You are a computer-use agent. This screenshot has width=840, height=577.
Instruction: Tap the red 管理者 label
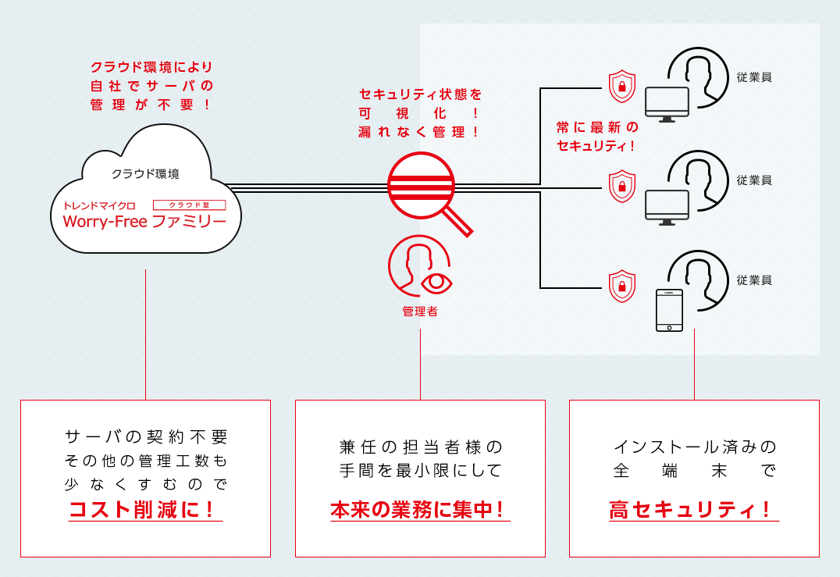click(420, 312)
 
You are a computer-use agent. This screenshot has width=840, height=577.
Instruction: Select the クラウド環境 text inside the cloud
click(145, 173)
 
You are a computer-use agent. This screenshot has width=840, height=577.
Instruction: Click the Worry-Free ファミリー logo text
click(144, 221)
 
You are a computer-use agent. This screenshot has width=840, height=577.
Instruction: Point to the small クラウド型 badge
click(189, 205)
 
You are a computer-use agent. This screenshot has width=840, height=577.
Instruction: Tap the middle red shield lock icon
click(621, 185)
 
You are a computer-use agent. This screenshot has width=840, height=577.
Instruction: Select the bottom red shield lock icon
click(621, 286)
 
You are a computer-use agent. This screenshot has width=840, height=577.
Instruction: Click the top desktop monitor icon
click(667, 104)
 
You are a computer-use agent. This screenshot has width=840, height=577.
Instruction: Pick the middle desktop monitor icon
click(667, 207)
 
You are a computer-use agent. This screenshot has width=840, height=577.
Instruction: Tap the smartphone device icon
click(669, 310)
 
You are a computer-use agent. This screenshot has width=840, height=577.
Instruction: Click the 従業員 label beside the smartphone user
click(754, 280)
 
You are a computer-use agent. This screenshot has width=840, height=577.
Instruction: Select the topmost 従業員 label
click(754, 77)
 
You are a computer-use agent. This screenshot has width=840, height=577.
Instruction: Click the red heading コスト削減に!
click(145, 510)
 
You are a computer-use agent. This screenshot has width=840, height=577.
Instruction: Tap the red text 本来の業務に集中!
click(420, 510)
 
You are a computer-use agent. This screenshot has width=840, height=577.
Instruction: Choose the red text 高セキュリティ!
click(693, 510)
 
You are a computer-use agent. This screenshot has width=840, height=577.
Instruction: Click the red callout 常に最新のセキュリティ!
click(597, 136)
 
